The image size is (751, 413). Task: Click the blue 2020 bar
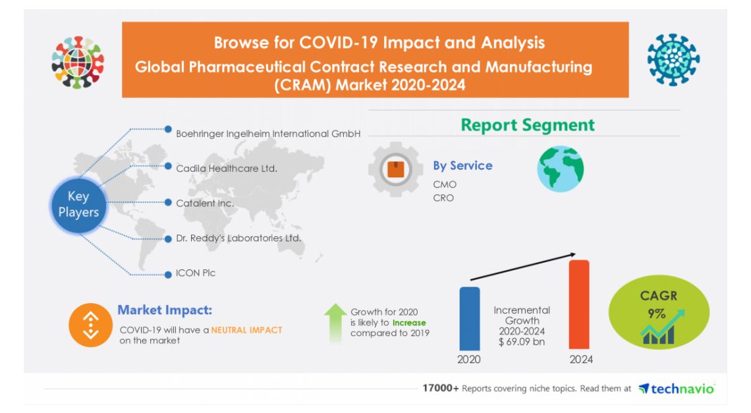(469, 317)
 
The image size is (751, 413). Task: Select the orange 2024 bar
(578, 304)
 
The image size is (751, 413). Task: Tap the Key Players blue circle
(78, 204)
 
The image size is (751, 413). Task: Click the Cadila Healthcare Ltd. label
(226, 169)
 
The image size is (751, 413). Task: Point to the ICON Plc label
(196, 273)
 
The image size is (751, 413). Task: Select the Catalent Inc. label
(205, 204)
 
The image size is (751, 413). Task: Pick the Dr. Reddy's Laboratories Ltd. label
(238, 238)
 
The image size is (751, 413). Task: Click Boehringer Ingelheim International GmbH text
(268, 134)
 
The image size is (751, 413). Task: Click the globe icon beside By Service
(561, 169)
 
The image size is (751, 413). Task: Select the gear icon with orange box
(395, 170)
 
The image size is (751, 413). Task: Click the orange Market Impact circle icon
(90, 325)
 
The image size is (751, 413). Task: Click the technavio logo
(677, 389)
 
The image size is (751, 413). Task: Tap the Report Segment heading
(527, 125)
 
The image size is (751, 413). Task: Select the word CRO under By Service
(443, 198)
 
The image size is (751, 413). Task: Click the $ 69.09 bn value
(522, 343)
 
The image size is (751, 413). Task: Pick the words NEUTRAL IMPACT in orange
(246, 330)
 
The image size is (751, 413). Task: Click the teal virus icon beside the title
(673, 60)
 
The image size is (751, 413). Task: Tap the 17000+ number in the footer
(441, 389)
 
